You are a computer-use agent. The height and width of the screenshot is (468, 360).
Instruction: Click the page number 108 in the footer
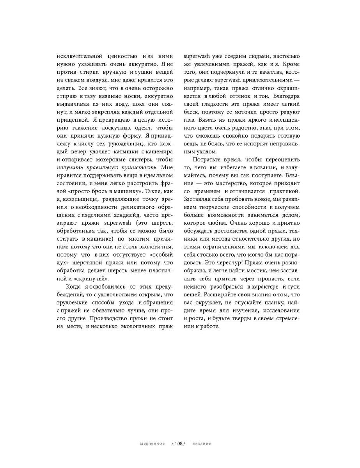[x=179, y=444]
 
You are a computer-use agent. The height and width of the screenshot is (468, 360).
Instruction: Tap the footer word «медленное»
[x=152, y=444]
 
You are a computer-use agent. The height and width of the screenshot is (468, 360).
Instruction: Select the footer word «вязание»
[x=202, y=444]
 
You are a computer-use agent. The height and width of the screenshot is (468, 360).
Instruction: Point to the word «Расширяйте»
[x=217, y=294]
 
